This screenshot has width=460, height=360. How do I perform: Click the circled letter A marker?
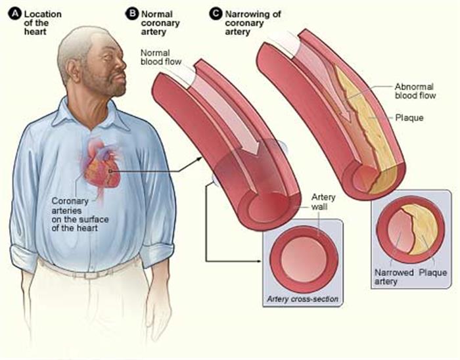point(15,14)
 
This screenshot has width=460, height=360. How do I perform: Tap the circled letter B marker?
point(131,14)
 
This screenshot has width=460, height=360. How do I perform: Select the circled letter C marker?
point(216,14)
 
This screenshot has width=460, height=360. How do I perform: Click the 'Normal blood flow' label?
point(161,57)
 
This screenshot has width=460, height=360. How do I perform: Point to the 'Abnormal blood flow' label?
point(415,91)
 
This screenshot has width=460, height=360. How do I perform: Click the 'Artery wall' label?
point(323,202)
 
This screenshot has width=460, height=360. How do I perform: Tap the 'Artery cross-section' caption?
point(302,300)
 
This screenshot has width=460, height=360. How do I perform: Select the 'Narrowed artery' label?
point(394,277)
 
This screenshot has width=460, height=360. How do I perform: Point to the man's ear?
point(72,70)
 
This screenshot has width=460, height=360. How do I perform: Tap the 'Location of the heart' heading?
point(43,23)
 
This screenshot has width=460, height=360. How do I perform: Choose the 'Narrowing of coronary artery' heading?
point(253,23)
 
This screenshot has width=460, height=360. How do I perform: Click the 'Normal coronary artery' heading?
point(160,23)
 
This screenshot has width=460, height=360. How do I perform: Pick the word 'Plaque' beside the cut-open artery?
point(409,118)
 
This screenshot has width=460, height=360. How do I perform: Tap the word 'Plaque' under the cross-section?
point(432,273)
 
